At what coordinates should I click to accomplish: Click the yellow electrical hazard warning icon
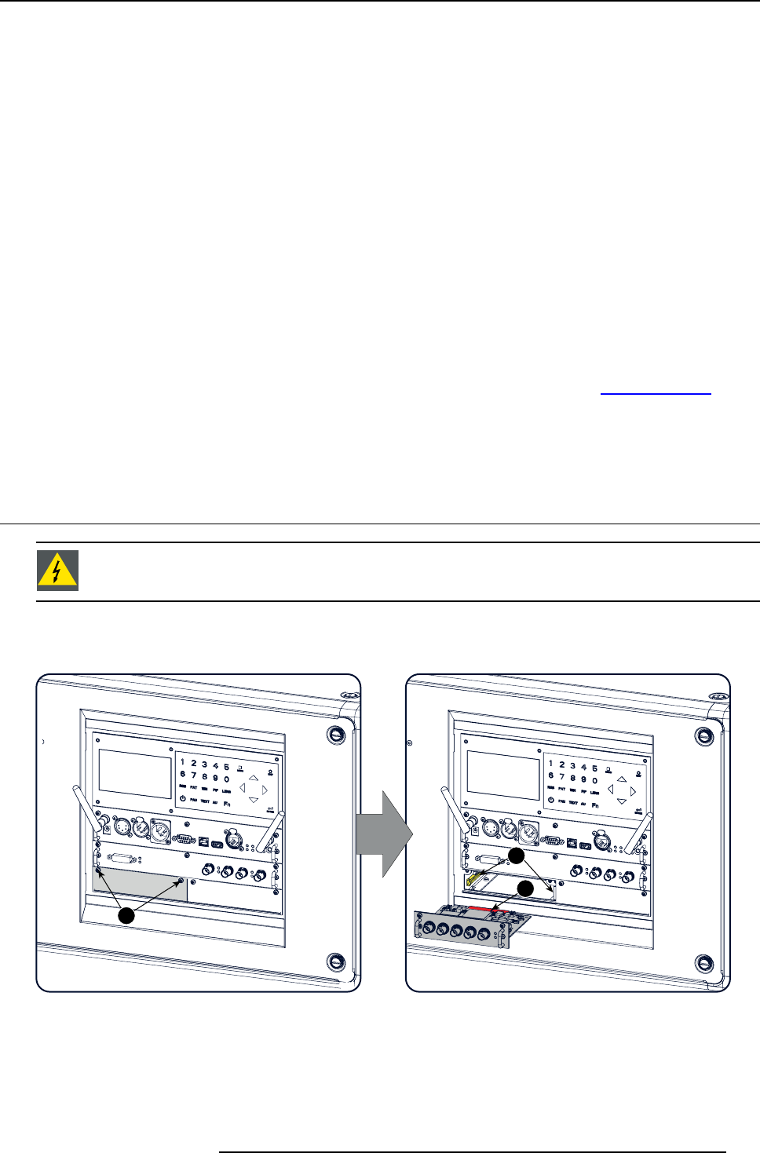[57, 571]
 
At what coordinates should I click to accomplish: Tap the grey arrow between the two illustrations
[384, 834]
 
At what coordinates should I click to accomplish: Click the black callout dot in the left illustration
[127, 915]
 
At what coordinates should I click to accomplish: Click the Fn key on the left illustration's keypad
[227, 804]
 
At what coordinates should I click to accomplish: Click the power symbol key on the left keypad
[182, 799]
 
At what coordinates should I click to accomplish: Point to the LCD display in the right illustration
[503, 777]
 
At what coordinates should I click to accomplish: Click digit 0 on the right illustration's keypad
[594, 780]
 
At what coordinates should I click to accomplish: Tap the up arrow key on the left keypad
[253, 778]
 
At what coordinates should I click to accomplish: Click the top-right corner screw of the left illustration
[336, 735]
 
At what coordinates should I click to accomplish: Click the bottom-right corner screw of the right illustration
[704, 963]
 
